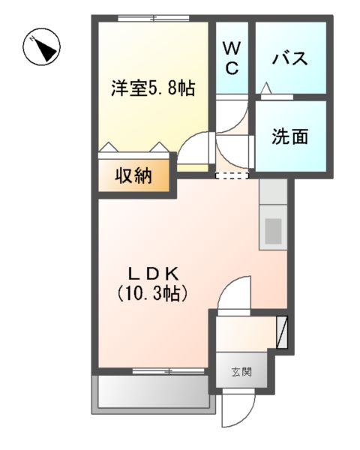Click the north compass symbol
[x=42, y=48]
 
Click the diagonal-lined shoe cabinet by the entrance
[x=282, y=331]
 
